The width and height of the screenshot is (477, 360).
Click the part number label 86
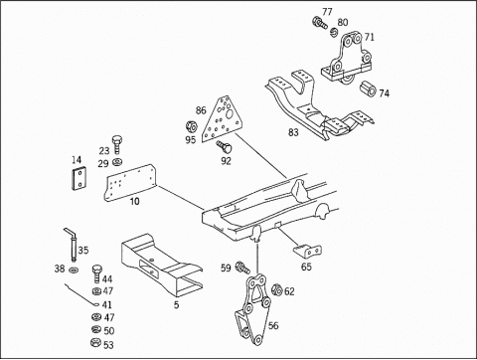[x=201, y=110]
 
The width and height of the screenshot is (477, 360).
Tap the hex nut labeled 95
[x=191, y=126]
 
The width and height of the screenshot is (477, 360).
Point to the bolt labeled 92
[x=225, y=147]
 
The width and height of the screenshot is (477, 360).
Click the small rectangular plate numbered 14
[x=79, y=178]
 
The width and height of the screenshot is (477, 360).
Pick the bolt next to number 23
[x=116, y=144]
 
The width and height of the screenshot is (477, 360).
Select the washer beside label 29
[x=117, y=162]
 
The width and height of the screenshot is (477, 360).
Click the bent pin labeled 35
[x=72, y=245]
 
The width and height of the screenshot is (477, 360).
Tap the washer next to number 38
[x=74, y=270]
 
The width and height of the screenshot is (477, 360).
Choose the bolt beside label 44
[x=96, y=273]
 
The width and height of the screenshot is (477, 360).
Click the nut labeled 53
[x=95, y=342]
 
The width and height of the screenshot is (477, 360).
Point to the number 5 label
[x=176, y=304]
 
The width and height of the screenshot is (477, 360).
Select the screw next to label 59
[x=242, y=268]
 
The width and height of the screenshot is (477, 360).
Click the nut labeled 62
[x=276, y=290]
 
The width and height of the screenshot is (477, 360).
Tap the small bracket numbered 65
[x=308, y=252]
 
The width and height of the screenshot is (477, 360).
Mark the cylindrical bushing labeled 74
[x=368, y=89]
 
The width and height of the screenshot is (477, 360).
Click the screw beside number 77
[x=320, y=23]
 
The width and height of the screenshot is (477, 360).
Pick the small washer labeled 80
[x=334, y=32]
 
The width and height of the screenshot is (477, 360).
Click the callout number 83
[x=293, y=132]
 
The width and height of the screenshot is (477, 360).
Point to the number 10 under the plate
[x=134, y=201]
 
